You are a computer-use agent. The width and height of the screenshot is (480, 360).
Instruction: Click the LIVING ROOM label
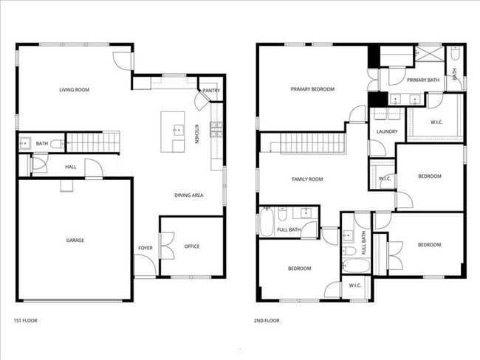[75, 90]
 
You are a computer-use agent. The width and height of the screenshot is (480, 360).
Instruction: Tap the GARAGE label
[75, 240]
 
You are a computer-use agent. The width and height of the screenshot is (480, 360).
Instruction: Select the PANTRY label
[211, 91]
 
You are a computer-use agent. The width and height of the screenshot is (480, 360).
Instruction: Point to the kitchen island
[174, 131]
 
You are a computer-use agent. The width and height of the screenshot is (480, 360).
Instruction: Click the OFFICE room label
[192, 246]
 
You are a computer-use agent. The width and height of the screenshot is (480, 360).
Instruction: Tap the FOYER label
[145, 248]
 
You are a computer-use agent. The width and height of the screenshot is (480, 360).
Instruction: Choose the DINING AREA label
[189, 195]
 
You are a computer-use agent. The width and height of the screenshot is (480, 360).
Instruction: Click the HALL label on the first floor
[71, 167]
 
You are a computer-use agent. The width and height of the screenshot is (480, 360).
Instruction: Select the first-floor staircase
[93, 142]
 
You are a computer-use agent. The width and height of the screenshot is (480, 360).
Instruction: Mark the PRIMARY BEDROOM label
[313, 89]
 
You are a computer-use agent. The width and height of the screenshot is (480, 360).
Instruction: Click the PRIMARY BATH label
[423, 80]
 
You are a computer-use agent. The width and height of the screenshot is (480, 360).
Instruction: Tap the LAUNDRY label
[387, 132]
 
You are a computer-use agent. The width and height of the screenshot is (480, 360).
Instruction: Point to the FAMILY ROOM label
[307, 179]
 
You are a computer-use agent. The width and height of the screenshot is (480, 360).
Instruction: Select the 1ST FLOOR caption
[25, 321]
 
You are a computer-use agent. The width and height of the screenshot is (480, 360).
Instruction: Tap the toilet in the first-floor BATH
[55, 143]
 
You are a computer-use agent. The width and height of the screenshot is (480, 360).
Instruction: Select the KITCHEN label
[197, 134]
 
